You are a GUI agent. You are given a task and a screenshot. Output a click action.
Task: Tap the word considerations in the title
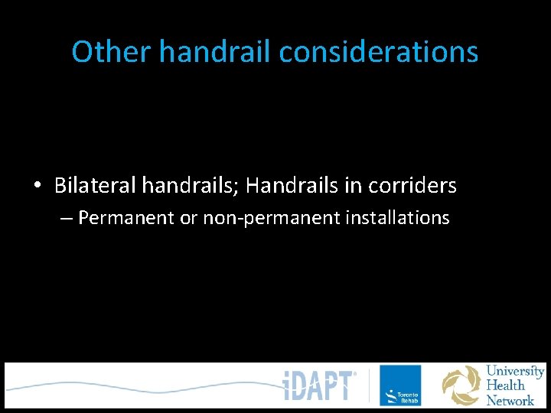coord(379,52)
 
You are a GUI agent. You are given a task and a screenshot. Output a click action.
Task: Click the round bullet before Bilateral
coord(37,186)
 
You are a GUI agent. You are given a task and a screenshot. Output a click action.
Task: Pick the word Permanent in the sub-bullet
coord(126,218)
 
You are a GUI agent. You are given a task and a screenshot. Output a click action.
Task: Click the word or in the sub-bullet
coord(189,218)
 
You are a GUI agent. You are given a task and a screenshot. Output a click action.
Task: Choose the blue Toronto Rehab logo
coord(399,385)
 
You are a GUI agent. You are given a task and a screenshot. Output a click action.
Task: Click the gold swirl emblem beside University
coord(461,385)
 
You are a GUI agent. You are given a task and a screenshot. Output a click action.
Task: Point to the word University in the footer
coord(515,372)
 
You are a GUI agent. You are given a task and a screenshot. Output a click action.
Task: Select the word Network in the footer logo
coord(510,400)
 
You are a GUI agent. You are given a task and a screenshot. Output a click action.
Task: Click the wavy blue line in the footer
coord(138,385)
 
